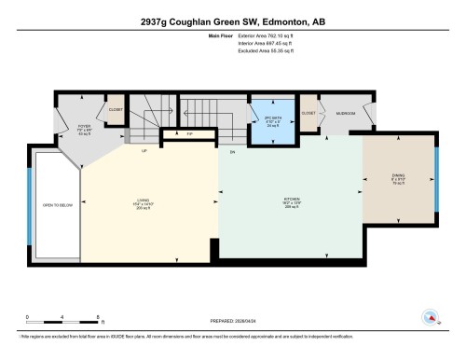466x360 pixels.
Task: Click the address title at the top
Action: (x=232, y=21)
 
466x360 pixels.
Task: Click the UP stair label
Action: (x=144, y=151)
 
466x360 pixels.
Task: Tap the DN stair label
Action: (x=232, y=151)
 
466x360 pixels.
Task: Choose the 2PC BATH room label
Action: (x=274, y=120)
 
